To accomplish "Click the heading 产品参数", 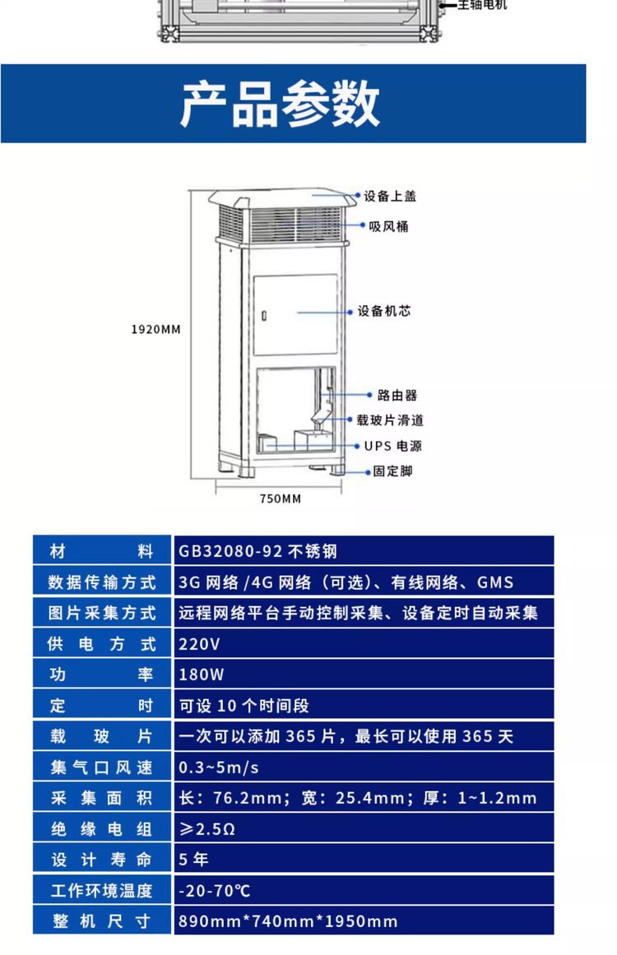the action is [281, 104].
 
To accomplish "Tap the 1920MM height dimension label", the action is [156, 330].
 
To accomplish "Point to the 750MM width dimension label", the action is [281, 498].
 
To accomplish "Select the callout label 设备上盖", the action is [390, 196].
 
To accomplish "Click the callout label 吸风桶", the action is [388, 226].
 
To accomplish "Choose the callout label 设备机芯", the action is [383, 311].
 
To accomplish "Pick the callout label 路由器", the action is [397, 396].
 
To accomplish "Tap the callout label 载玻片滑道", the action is [390, 420].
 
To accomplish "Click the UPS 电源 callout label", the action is [393, 446].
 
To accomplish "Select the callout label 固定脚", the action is [393, 471].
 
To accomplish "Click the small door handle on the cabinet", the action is [264, 316].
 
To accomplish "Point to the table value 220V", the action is [199, 644].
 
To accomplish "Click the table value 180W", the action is [201, 675].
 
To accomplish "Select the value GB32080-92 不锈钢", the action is [257, 551].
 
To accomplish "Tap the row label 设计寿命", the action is [101, 860].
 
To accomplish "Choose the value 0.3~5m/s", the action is [219, 767].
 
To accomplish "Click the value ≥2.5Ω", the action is [207, 829].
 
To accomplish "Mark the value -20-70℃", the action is [215, 891].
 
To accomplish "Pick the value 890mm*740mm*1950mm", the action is [287, 921].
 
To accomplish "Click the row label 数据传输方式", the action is [102, 582].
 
